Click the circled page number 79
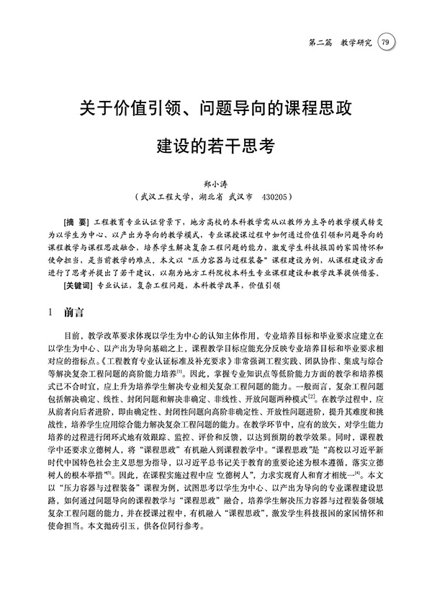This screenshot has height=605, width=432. coord(386,42)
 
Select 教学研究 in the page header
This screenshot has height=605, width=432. coord(356,43)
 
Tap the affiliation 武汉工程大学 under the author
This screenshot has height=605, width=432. coord(165,195)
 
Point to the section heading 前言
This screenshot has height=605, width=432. coord(73,314)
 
